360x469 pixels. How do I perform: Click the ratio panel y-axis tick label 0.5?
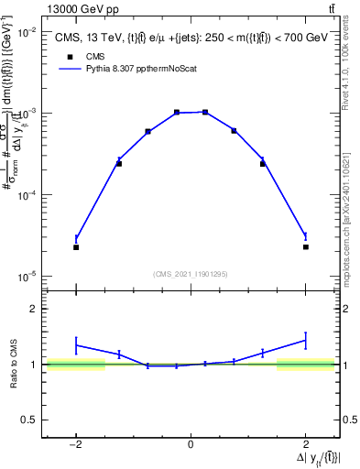pos(28,420)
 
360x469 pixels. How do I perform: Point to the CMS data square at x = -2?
pos(76,247)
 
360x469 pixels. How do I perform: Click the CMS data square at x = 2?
pos(305,247)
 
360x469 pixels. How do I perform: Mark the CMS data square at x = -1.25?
pos(119,163)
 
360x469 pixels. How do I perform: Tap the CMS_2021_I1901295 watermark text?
pos(190,273)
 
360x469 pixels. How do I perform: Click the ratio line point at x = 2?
pos(305,341)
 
